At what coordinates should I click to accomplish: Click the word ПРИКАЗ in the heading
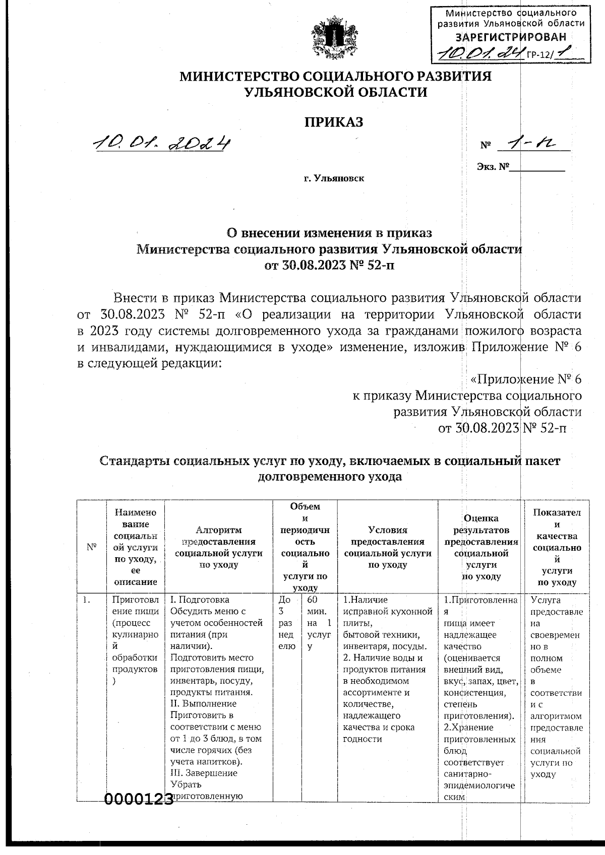pos(333,122)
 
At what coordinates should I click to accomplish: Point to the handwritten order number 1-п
pos(532,145)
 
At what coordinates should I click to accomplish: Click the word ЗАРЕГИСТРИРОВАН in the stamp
pos(511,36)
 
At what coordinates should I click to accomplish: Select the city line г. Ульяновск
pos(333,178)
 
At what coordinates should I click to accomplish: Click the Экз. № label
pos(492,167)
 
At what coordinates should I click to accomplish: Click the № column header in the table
pos(92,547)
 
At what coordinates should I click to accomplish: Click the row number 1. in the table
pos(87,600)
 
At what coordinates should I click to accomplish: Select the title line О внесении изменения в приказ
pos(329,233)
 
